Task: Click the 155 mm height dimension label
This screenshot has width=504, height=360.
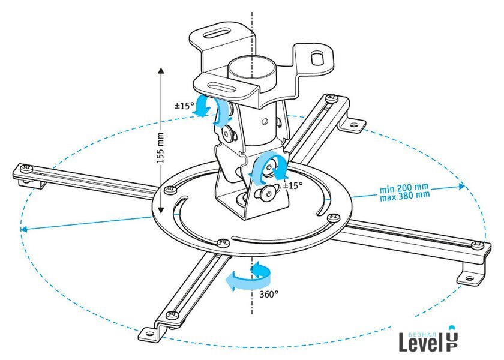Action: [160, 148]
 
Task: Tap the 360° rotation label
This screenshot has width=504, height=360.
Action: [269, 294]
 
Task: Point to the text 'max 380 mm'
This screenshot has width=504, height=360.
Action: [404, 196]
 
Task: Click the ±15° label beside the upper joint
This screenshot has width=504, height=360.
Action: [185, 106]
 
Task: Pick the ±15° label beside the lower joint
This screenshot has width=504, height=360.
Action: [293, 185]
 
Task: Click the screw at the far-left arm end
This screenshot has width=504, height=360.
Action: [26, 168]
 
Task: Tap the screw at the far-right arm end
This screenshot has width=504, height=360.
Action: [478, 245]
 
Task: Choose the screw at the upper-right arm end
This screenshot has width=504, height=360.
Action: [331, 97]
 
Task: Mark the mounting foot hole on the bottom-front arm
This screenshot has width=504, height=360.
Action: [149, 333]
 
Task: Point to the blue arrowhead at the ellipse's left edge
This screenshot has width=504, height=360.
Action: [24, 229]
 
